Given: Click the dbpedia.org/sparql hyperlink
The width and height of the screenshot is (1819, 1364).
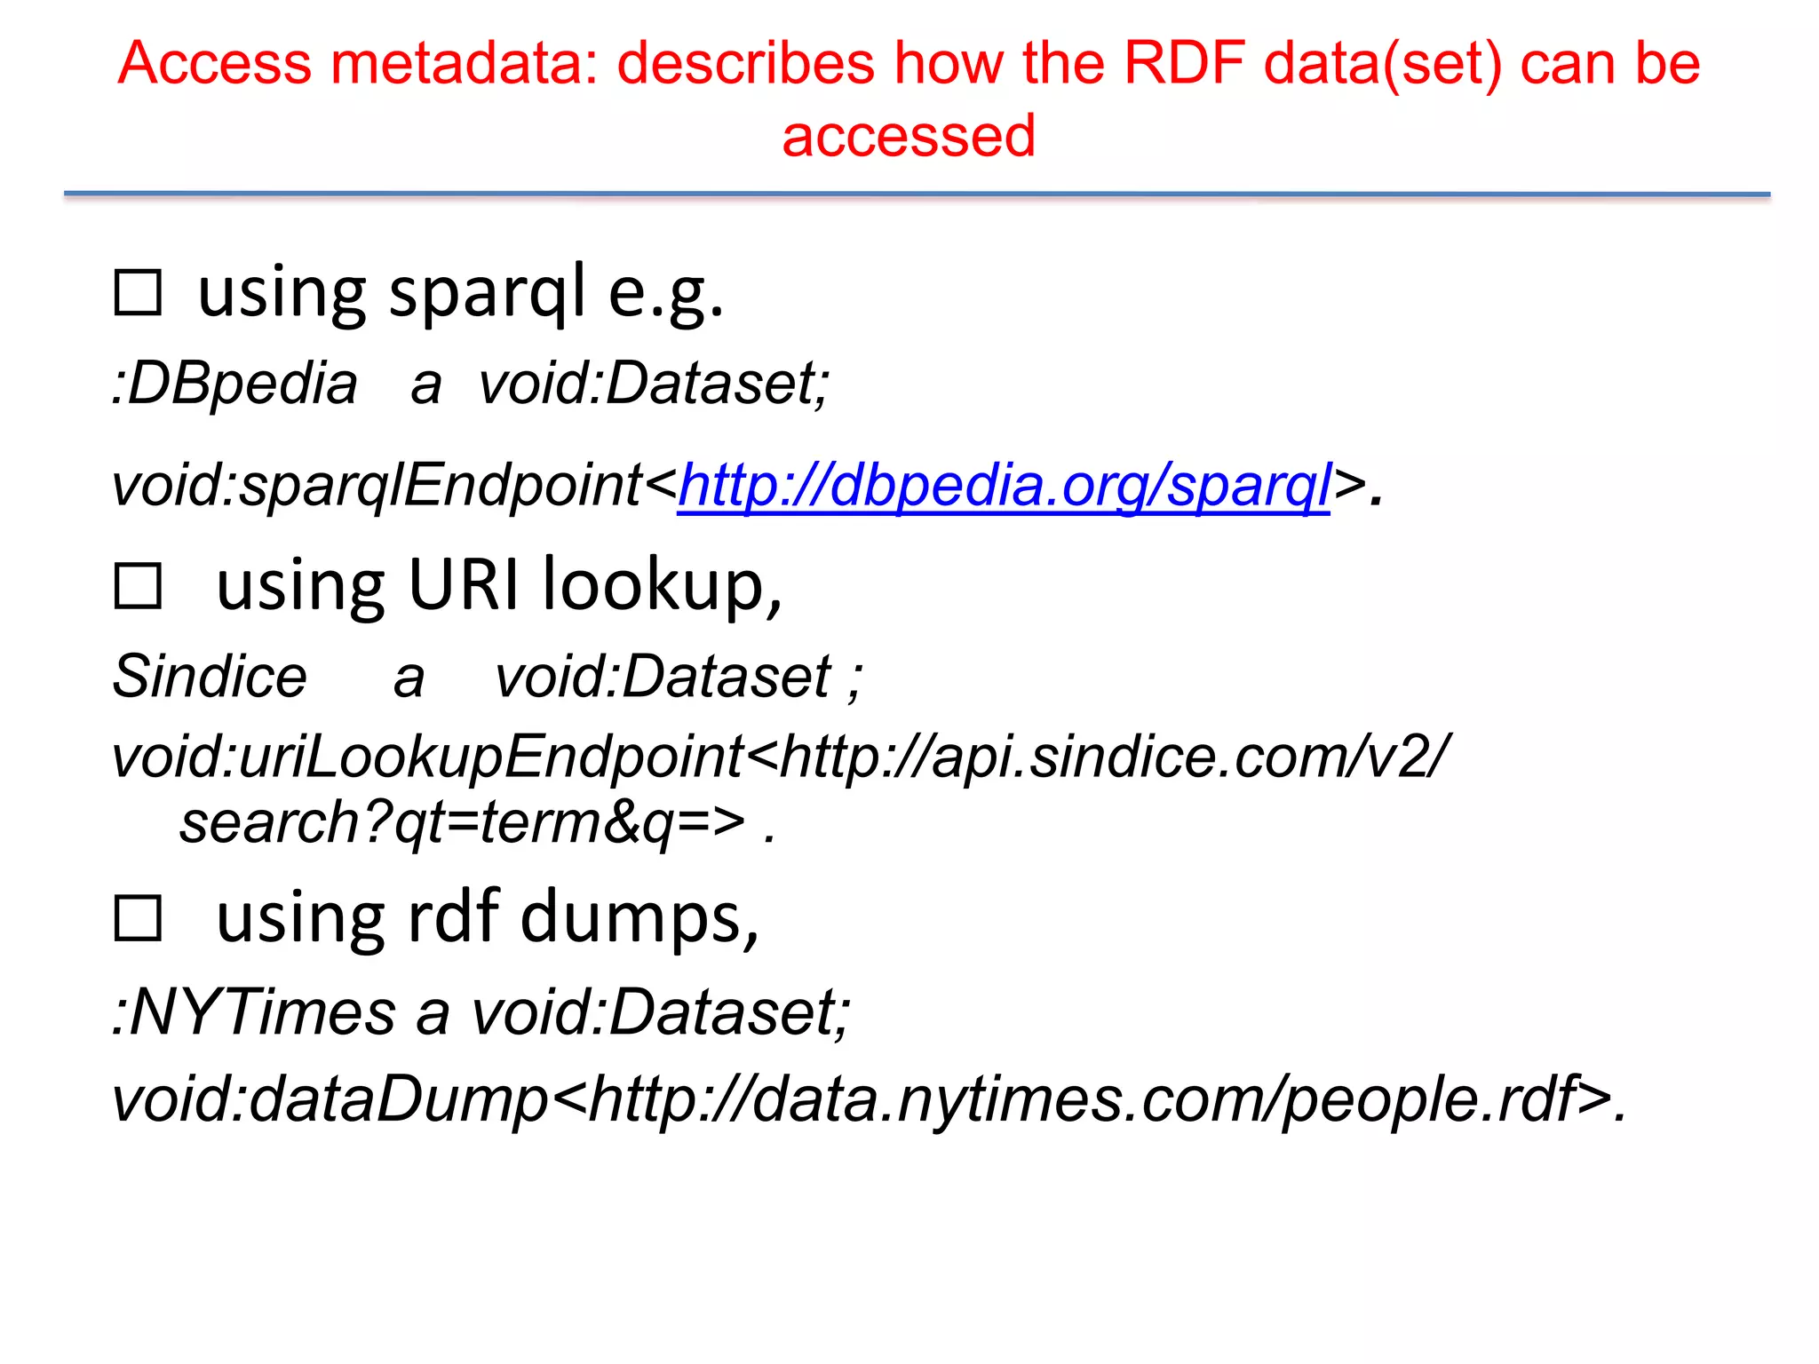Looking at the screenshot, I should tap(1004, 486).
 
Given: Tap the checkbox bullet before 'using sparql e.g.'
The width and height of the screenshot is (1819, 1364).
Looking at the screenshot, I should tap(138, 294).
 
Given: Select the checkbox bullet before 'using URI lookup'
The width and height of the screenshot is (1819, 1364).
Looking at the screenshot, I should tap(138, 586).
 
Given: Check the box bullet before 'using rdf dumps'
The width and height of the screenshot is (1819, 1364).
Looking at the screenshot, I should tap(138, 918).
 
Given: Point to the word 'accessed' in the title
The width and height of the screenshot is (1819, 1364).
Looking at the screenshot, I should tap(909, 136).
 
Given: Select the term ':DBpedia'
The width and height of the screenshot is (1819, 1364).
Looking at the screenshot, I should tap(234, 384).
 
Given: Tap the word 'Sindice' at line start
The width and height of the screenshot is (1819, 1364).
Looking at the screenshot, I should tap(210, 677).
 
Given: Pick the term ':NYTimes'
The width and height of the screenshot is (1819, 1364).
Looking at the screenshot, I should tap(254, 1012).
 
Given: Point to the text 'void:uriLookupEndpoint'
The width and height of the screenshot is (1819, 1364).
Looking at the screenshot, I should tap(427, 757).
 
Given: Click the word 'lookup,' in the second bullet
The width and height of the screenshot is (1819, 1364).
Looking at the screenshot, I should tap(663, 586).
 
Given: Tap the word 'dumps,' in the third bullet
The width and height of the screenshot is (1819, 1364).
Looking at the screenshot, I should tap(639, 918).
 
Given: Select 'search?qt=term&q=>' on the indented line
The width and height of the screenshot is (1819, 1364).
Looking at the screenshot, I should tap(462, 823).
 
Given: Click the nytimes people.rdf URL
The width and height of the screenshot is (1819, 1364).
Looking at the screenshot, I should tap(1084, 1099).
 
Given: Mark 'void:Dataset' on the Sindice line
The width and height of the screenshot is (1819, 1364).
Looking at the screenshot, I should tap(663, 677).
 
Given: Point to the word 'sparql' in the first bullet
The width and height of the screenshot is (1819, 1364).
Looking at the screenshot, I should tap(488, 294).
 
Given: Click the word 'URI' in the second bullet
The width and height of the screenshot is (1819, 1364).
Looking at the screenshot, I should tap(463, 586).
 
